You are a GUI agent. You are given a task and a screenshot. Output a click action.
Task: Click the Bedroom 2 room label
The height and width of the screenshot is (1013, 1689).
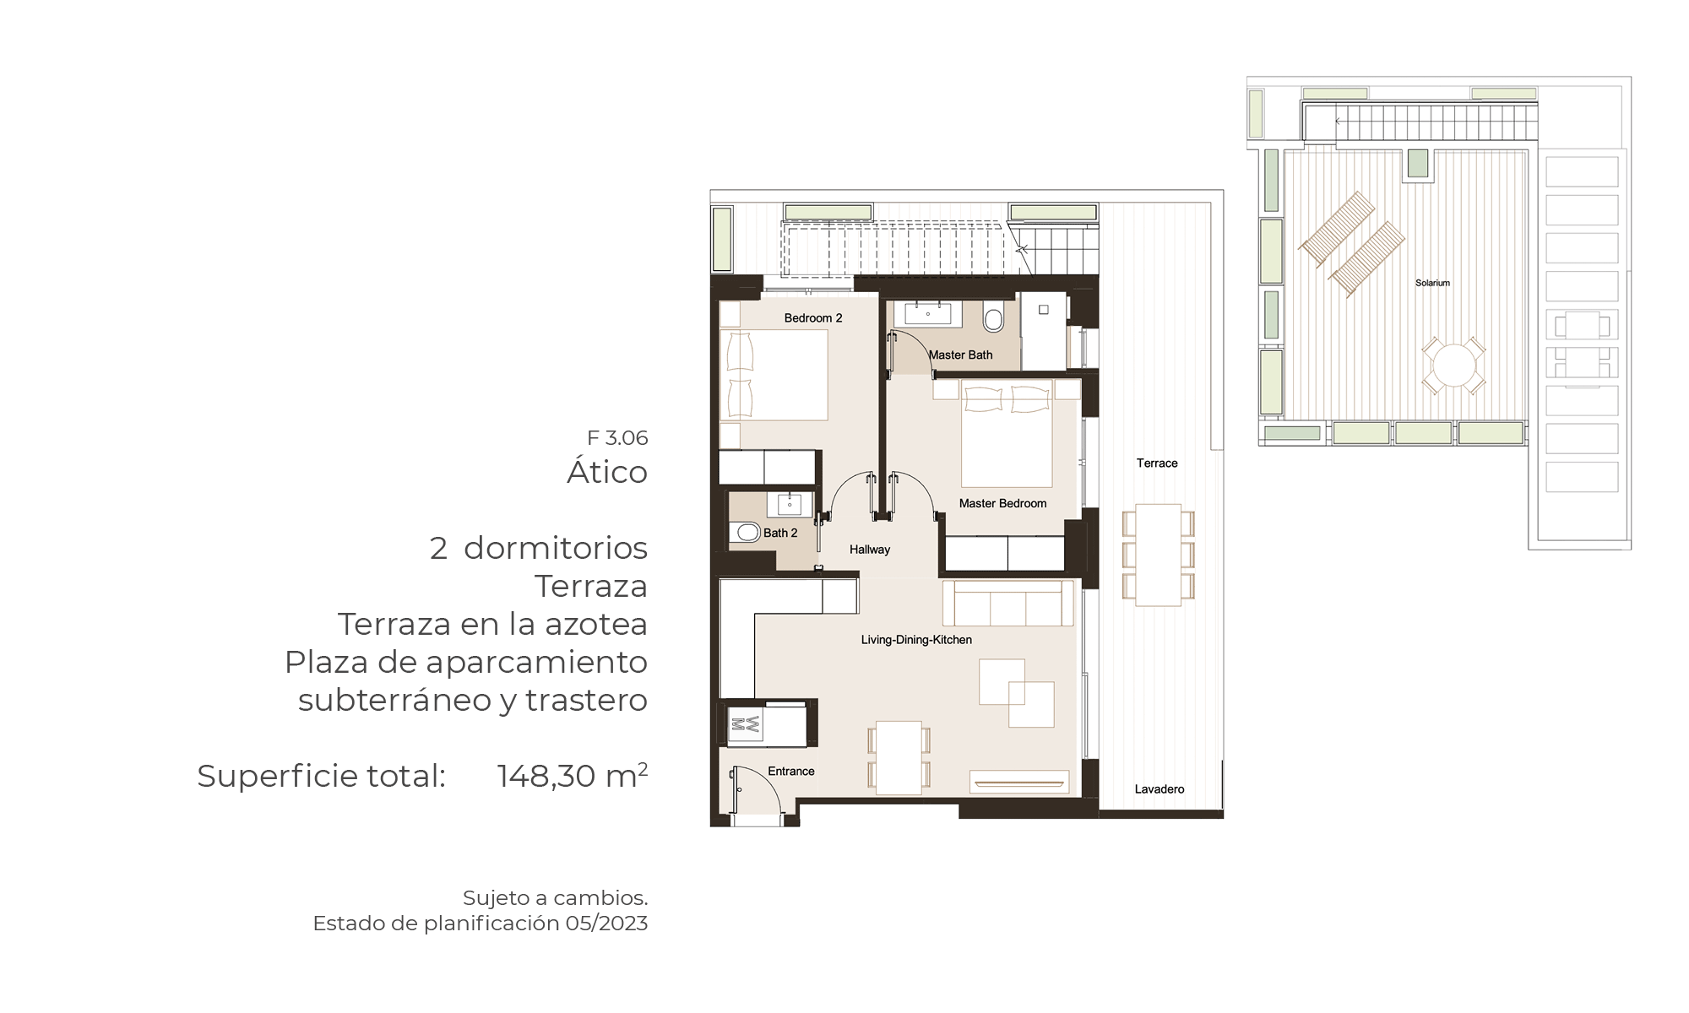pos(813,318)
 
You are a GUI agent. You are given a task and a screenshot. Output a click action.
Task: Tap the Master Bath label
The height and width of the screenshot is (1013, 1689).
pos(961,355)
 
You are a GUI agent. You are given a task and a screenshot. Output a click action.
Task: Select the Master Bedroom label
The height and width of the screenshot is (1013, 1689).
pos(1002,503)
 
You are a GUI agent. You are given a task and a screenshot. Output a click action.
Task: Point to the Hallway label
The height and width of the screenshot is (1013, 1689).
pos(870,550)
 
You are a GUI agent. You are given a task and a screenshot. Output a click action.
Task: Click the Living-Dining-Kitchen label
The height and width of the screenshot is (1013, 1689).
pos(916,640)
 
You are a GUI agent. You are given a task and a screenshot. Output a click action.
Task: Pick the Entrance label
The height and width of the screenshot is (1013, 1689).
pos(791,772)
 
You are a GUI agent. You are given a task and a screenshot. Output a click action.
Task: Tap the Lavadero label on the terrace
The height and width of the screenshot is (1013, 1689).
pos(1159,789)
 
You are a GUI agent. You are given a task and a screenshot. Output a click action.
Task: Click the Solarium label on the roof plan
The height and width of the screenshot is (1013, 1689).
pos(1432,283)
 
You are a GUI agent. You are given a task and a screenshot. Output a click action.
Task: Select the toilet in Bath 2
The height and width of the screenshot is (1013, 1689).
pos(747,533)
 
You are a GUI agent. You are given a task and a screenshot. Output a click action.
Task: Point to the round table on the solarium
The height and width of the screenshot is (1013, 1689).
pos(1453,366)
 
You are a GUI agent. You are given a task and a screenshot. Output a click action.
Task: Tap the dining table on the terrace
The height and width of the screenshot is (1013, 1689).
pos(1158,555)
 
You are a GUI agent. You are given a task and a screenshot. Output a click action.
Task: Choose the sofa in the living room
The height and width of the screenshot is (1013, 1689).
pos(1007,603)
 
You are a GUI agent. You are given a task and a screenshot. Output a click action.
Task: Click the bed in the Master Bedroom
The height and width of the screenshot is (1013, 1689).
pos(1007,433)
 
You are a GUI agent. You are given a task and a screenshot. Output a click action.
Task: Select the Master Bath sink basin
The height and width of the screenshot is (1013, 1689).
pos(928,314)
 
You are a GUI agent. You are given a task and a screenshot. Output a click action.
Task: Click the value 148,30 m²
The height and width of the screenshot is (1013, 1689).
pos(573,775)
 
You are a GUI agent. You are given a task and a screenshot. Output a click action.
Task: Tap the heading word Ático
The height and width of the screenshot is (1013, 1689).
pos(607,471)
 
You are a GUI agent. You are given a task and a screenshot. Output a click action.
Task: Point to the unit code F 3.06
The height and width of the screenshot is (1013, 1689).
pos(617,438)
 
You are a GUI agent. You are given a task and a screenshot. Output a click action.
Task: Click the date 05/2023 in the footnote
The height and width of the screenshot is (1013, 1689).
pos(606,924)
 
